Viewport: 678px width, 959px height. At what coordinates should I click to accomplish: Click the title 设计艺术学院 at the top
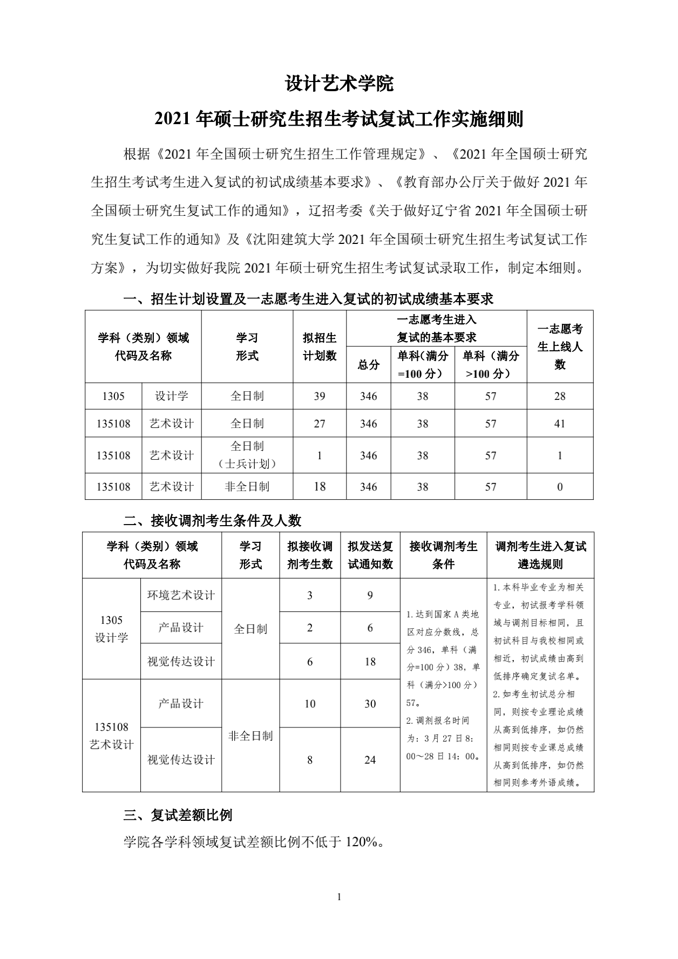pyautogui.click(x=339, y=84)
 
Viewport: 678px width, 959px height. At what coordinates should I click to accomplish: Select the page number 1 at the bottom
pyautogui.click(x=339, y=897)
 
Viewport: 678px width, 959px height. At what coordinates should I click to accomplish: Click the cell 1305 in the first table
pyautogui.click(x=113, y=396)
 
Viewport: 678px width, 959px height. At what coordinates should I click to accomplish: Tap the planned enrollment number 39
pyautogui.click(x=320, y=396)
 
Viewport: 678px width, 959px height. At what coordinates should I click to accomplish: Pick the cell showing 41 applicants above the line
pyautogui.click(x=560, y=424)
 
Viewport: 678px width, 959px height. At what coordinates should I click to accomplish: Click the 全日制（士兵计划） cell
pyautogui.click(x=247, y=455)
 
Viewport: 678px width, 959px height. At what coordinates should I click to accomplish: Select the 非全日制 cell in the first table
pyautogui.click(x=247, y=487)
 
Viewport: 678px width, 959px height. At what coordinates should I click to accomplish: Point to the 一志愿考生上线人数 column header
pyautogui.click(x=560, y=346)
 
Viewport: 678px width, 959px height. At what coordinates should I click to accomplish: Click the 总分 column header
pyautogui.click(x=369, y=365)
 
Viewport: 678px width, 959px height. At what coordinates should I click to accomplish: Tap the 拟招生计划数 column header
pyautogui.click(x=320, y=346)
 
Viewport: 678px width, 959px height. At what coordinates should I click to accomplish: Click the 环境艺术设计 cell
pyautogui.click(x=181, y=595)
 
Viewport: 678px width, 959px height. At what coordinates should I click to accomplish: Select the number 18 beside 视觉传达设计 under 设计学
pyautogui.click(x=370, y=662)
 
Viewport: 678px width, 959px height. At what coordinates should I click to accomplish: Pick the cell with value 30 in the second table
pyautogui.click(x=370, y=704)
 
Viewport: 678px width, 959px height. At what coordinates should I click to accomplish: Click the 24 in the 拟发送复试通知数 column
pyautogui.click(x=370, y=760)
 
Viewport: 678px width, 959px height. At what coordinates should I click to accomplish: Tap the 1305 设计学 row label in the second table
pyautogui.click(x=111, y=629)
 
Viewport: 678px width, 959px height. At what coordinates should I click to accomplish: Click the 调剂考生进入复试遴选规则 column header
pyautogui.click(x=540, y=555)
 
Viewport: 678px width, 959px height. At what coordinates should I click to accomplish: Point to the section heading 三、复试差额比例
pyautogui.click(x=178, y=815)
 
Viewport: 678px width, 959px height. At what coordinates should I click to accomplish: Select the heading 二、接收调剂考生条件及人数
pyautogui.click(x=212, y=520)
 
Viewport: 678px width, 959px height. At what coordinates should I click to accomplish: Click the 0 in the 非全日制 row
pyautogui.click(x=560, y=487)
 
